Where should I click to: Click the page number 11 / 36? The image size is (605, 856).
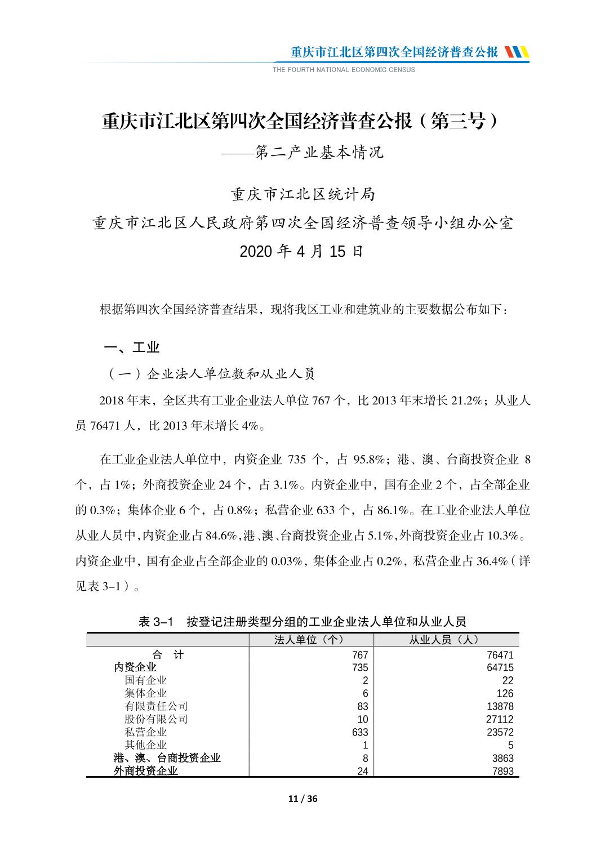pos(302,799)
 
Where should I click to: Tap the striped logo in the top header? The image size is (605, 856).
pos(517,52)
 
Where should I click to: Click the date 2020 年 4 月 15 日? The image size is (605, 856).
pos(302,251)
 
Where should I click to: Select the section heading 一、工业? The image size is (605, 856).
pos(132,347)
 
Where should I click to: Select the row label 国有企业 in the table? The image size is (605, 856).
pos(146,680)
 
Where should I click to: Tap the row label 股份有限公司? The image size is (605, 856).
pos(156,719)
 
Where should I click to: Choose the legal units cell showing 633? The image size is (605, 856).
pos(359,732)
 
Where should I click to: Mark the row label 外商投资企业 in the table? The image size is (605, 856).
pos(146,771)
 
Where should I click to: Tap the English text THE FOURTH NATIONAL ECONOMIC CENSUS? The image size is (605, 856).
pos(344,70)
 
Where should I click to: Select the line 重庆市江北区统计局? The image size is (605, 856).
pos(302,195)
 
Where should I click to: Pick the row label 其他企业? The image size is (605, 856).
pos(146,745)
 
